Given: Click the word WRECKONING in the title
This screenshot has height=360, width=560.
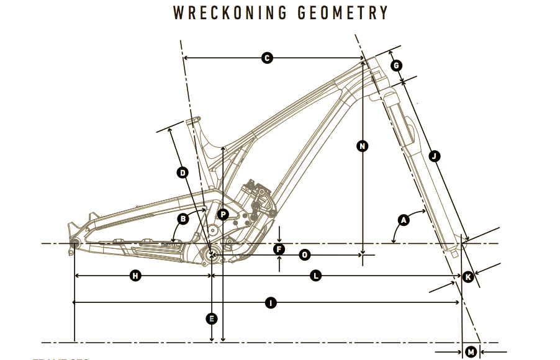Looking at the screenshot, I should (231, 13).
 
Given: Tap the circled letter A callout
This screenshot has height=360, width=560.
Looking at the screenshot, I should (404, 220).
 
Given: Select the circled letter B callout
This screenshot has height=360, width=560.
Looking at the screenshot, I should (183, 218).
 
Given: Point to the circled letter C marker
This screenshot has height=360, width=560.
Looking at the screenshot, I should (267, 58).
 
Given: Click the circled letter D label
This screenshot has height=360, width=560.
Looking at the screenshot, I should (183, 173).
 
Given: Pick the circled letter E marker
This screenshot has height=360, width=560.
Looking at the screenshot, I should (212, 319).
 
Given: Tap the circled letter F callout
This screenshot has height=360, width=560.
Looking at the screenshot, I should (279, 250).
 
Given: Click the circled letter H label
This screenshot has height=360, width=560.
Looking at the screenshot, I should (135, 276).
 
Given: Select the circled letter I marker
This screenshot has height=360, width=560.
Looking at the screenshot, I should (270, 303).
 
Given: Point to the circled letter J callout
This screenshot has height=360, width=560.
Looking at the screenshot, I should (434, 156).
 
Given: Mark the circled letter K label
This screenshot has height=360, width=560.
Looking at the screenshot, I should (469, 277).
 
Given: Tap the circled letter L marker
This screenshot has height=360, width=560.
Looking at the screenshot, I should (316, 276).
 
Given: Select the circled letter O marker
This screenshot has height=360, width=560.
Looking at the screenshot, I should (304, 254).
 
